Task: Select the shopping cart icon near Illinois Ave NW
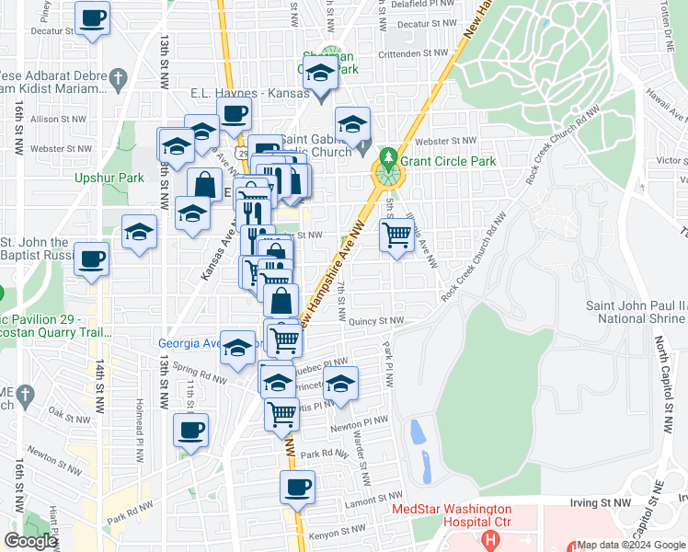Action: coord(396,236)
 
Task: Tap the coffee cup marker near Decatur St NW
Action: coord(92,17)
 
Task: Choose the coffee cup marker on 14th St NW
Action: coord(92,259)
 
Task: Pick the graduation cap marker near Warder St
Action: coord(341,384)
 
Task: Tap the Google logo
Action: coord(31,541)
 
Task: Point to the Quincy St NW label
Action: coord(376,321)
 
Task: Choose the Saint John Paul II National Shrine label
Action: coord(637,312)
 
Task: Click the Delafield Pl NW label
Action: coord(421,5)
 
